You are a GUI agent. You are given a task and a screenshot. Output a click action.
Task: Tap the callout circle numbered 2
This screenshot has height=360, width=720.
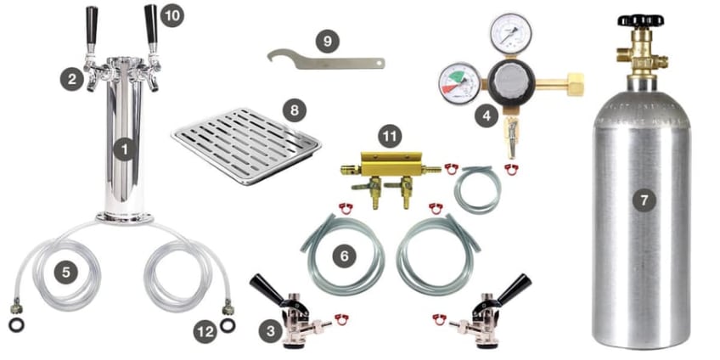(72, 79)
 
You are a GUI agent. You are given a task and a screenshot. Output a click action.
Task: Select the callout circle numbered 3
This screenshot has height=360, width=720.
(271, 330)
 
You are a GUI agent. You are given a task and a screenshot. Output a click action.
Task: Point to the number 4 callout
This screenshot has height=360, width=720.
(487, 115)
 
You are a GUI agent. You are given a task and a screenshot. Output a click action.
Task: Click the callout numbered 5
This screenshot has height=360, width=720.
(66, 273)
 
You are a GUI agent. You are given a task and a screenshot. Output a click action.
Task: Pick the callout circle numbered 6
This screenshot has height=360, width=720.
(345, 256)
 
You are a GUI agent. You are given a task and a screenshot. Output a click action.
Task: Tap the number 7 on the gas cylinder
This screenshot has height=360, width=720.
(644, 200)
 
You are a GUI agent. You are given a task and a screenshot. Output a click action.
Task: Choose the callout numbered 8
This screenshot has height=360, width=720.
(295, 110)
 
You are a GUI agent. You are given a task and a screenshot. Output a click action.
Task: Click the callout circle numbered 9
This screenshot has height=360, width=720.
(328, 42)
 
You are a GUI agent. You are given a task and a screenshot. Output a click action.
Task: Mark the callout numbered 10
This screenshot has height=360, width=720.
(172, 15)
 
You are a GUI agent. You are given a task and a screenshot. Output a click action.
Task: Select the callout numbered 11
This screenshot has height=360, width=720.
(390, 137)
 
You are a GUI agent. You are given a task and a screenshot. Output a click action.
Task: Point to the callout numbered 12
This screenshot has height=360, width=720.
(205, 331)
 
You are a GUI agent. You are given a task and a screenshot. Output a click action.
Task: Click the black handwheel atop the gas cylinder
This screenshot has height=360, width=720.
(639, 20)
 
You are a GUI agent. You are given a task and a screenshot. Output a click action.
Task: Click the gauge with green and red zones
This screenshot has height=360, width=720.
(459, 84)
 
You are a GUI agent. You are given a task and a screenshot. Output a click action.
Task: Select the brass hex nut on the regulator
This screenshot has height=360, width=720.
(576, 85)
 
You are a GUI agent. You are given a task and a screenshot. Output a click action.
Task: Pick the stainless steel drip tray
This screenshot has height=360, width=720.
(246, 145)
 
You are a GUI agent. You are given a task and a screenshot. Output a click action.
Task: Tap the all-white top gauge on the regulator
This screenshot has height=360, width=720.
(510, 33)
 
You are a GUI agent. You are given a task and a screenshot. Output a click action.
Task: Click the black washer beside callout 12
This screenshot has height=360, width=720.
(228, 325)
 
